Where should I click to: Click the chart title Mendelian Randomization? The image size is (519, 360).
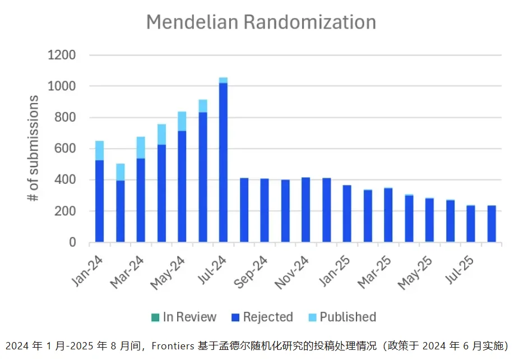(261, 22)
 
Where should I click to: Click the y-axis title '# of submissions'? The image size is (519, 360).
(34, 149)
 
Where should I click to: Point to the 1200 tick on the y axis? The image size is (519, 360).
(62, 56)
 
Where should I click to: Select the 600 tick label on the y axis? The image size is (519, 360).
(66, 149)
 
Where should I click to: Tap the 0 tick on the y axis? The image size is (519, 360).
(72, 243)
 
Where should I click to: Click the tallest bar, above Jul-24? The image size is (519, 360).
(223, 163)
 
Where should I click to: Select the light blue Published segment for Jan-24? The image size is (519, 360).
(99, 150)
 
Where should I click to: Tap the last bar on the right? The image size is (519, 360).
(492, 224)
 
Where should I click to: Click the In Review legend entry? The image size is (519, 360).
(183, 317)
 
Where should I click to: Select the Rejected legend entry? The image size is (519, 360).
(262, 317)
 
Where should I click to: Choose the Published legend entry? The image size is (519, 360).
(342, 317)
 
